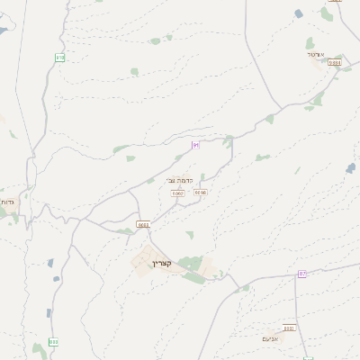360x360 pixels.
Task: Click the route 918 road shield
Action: (60, 58)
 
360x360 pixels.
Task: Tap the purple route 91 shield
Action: (195, 145)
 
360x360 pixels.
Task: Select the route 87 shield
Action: (302, 274)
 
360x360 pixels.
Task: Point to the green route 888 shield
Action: (54, 342)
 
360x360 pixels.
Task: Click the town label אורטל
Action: (315, 54)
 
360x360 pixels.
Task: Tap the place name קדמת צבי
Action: (179, 180)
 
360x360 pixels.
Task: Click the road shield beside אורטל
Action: (335, 63)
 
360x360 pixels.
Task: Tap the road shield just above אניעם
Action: (289, 328)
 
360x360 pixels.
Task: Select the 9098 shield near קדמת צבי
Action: (200, 192)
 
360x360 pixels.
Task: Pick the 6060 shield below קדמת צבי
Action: (177, 193)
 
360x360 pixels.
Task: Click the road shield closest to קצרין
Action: (143, 224)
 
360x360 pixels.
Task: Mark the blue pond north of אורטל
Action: (299, 13)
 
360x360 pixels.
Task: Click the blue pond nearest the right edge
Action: (350, 167)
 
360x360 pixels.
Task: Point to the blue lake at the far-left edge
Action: (3, 31)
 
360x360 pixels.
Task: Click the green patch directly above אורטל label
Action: (310, 42)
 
